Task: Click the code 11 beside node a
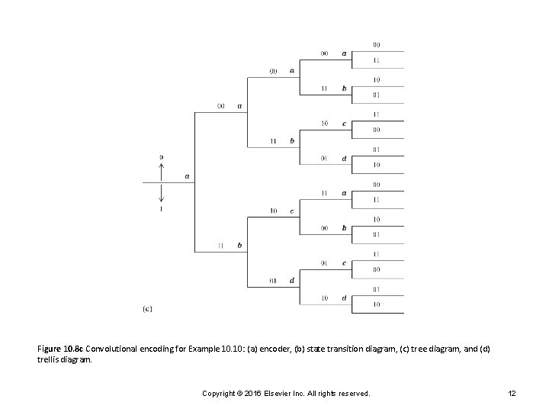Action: pos(324,192)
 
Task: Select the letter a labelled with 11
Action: pos(344,193)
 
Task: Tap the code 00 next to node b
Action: pos(324,227)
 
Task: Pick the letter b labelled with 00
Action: pos(344,227)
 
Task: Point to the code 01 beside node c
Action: pos(324,263)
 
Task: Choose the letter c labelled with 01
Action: pos(344,263)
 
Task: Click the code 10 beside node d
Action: pos(324,298)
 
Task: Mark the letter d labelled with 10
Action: pos(344,298)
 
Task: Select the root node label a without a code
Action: pos(188,177)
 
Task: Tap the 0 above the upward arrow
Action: pos(161,157)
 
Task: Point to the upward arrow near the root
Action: pos(161,172)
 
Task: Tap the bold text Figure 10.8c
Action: pos(62,349)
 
